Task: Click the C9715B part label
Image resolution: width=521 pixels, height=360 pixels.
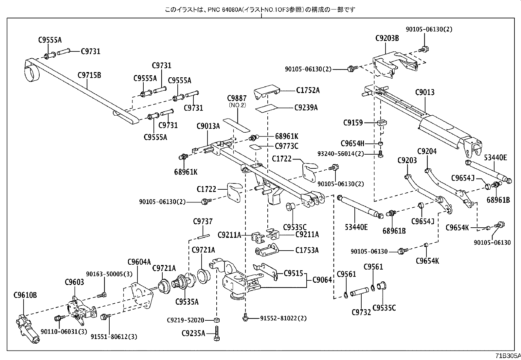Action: coord(89,75)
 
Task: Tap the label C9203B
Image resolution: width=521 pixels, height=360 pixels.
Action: coord(387,38)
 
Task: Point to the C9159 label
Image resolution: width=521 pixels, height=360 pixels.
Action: coord(353,123)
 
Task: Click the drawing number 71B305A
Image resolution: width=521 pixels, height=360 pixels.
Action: coord(508,356)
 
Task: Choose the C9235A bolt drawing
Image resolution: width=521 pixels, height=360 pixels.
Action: coord(216,333)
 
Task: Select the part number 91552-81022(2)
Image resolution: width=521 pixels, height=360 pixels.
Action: coord(283,318)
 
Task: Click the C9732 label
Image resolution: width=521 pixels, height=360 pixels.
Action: coord(361,312)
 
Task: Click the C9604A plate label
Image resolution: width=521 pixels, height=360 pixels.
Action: coord(139,261)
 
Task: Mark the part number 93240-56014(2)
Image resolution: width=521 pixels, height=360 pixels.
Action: coord(340,154)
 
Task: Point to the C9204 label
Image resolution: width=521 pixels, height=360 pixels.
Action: coord(427,151)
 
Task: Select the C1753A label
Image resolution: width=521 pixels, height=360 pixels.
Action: coord(307,251)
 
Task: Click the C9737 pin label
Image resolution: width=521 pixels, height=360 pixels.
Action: coord(203,221)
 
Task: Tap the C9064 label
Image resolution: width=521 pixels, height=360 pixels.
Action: coord(322,280)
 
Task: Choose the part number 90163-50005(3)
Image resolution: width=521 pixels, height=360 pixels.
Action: coord(105,274)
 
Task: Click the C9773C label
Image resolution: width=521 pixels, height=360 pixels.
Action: coord(286,146)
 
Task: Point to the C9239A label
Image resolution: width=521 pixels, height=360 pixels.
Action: coord(306,107)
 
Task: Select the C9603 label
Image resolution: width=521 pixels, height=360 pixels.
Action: coord(74,282)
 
